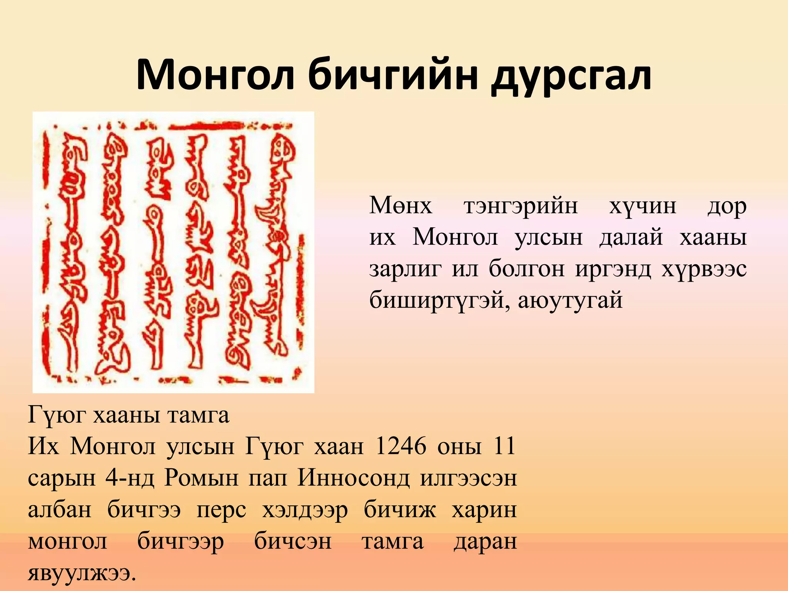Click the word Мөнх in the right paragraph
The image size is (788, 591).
[401, 205]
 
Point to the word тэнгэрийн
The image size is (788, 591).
[521, 206]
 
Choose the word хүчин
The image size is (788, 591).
[643, 206]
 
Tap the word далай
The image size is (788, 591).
[631, 237]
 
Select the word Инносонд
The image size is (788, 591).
[354, 478]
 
